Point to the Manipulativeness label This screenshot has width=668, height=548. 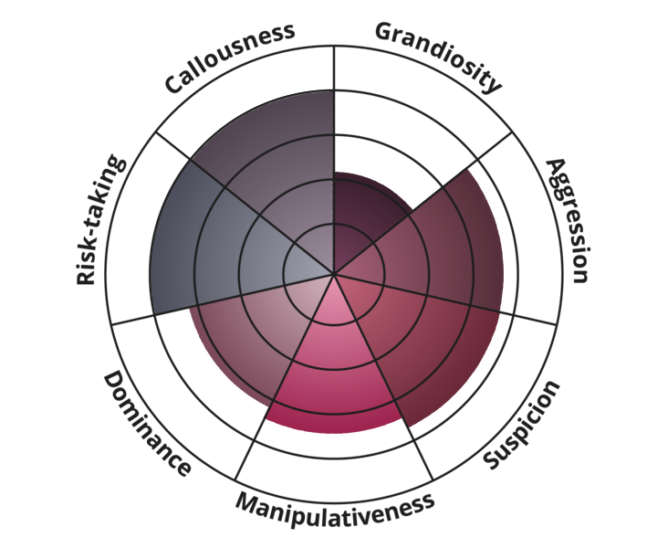point(334,504)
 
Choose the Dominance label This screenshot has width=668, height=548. point(146,424)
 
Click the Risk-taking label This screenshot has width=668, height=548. point(99,220)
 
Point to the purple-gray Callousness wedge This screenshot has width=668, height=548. point(274,164)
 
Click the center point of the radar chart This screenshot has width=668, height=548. point(334,273)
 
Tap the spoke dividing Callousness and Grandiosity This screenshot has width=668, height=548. point(334,110)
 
